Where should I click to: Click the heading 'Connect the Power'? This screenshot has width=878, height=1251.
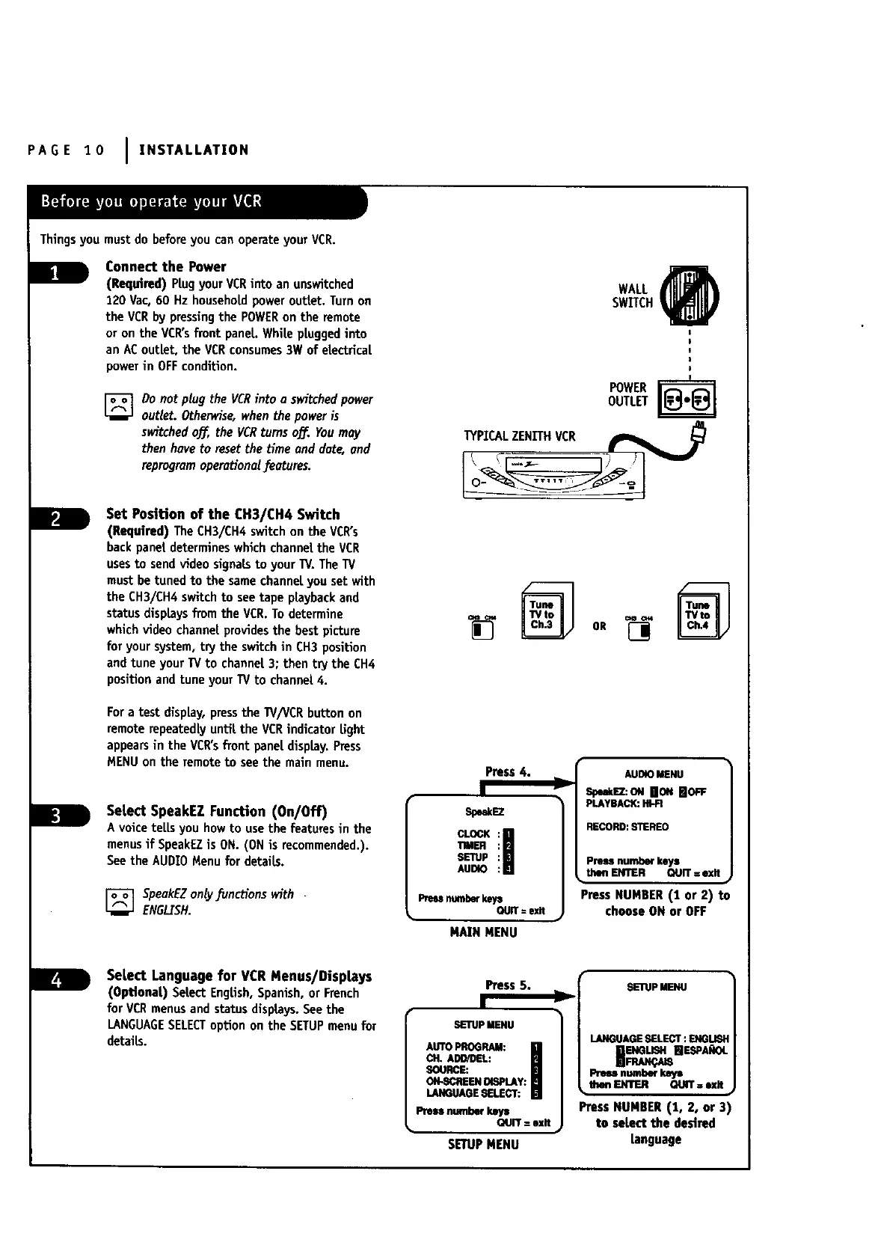(165, 267)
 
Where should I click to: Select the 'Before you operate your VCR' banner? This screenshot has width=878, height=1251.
(152, 202)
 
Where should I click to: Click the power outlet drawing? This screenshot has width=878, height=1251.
(686, 399)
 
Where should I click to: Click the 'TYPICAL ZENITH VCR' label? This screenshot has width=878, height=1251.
(520, 436)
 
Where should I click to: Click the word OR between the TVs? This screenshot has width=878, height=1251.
(599, 626)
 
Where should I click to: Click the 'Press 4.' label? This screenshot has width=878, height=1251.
(508, 772)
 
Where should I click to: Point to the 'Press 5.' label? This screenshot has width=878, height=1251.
(508, 985)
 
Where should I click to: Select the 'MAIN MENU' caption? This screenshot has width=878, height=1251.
(483, 933)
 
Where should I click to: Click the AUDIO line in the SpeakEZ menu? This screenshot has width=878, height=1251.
(473, 869)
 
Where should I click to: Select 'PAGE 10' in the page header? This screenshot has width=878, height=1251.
(66, 150)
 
